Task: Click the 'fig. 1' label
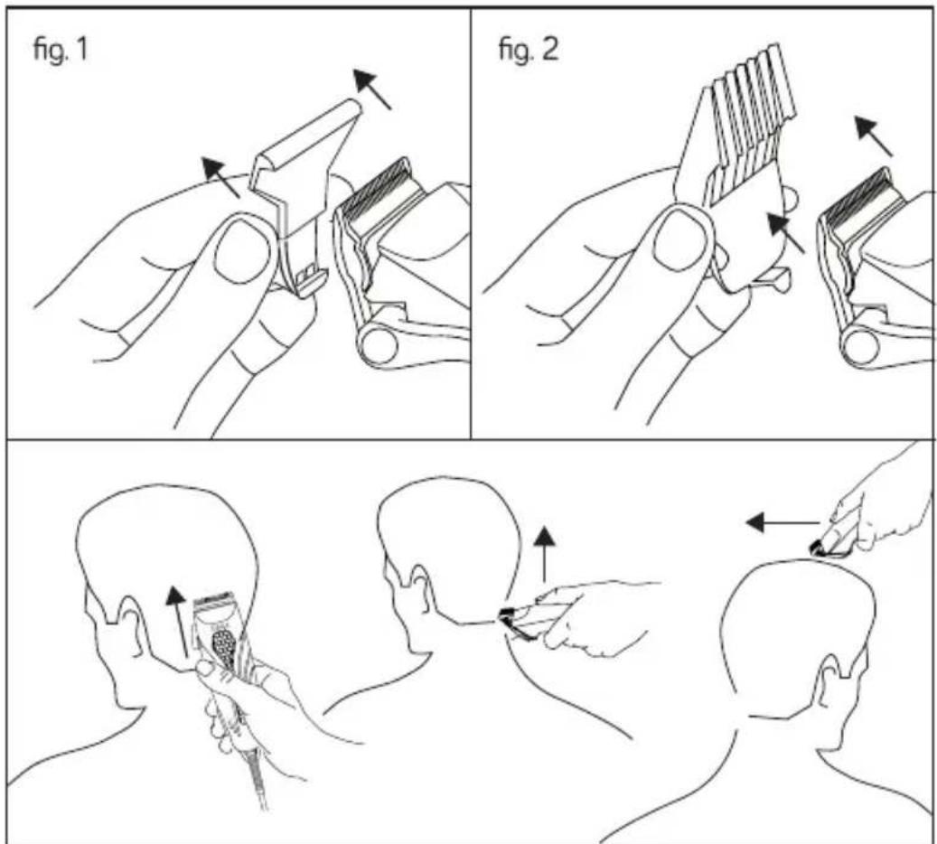60,49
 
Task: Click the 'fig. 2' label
529,49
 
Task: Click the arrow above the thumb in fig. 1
220,177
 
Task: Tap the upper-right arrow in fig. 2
874,136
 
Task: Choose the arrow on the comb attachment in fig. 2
785,233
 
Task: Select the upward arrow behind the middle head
544,554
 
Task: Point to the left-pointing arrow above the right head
782,523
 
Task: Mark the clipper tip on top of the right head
819,548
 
